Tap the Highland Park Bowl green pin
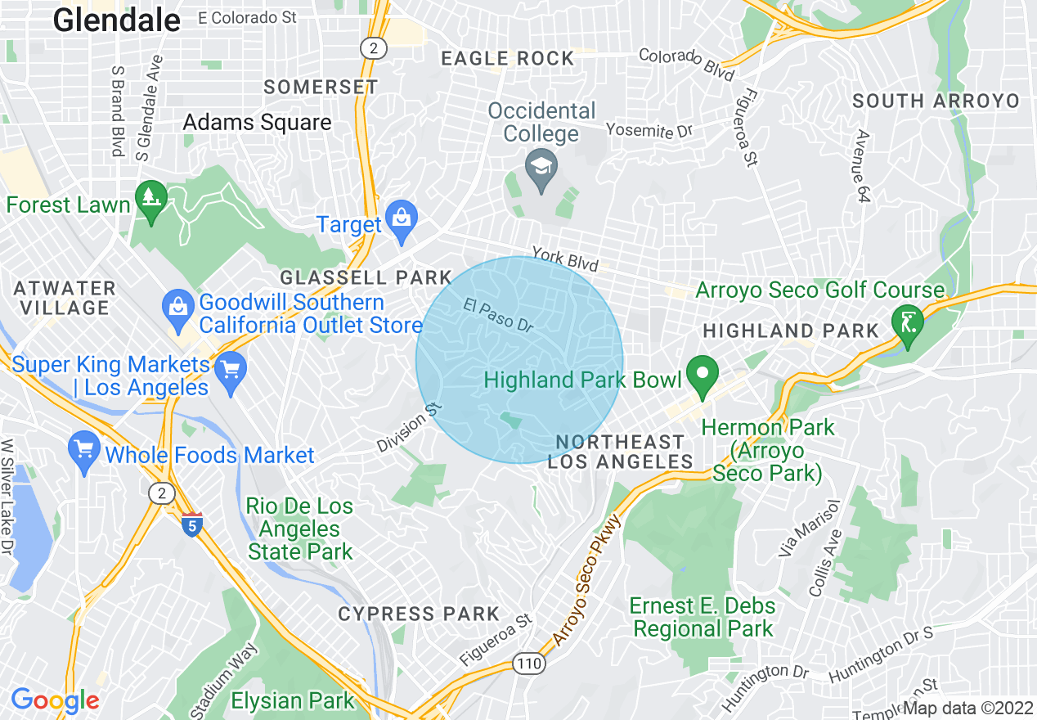(x=702, y=376)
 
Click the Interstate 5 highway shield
(x=191, y=524)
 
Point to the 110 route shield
(x=529, y=663)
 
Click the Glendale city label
(x=117, y=20)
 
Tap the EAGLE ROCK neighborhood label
(x=507, y=58)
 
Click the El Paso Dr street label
(x=498, y=314)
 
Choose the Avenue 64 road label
(x=862, y=166)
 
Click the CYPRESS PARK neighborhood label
(x=419, y=614)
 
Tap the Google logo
(x=55, y=700)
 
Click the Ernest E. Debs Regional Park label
(x=703, y=618)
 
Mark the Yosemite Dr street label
(x=649, y=130)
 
